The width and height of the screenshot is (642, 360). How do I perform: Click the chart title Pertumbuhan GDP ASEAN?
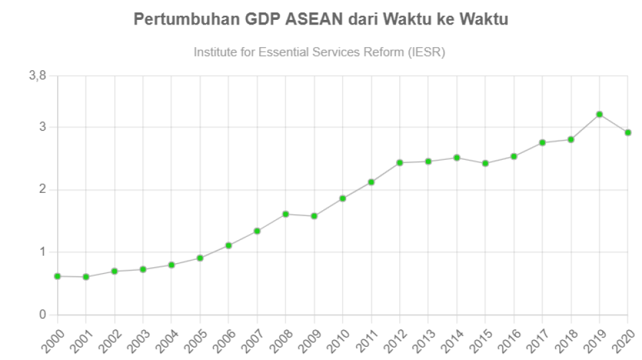[320, 19]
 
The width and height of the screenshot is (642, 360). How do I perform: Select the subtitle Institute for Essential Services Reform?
[319, 52]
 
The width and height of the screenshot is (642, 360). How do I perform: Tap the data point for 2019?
[600, 114]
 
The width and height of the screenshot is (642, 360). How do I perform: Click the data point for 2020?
[628, 133]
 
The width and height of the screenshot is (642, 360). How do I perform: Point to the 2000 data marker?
[58, 276]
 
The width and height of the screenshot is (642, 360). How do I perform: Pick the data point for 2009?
[314, 215]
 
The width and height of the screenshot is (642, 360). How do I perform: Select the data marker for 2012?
[400, 162]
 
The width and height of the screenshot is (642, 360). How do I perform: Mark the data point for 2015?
[485, 163]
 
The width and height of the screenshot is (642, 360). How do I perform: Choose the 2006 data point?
[229, 245]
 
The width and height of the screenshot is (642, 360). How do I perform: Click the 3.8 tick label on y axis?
[38, 76]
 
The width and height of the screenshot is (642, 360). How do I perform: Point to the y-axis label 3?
[42, 127]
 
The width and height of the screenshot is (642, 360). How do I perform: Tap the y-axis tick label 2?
[42, 190]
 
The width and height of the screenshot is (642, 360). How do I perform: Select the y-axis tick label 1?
[42, 252]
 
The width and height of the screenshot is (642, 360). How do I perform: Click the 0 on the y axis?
[42, 314]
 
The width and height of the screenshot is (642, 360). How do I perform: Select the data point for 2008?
[286, 213]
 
